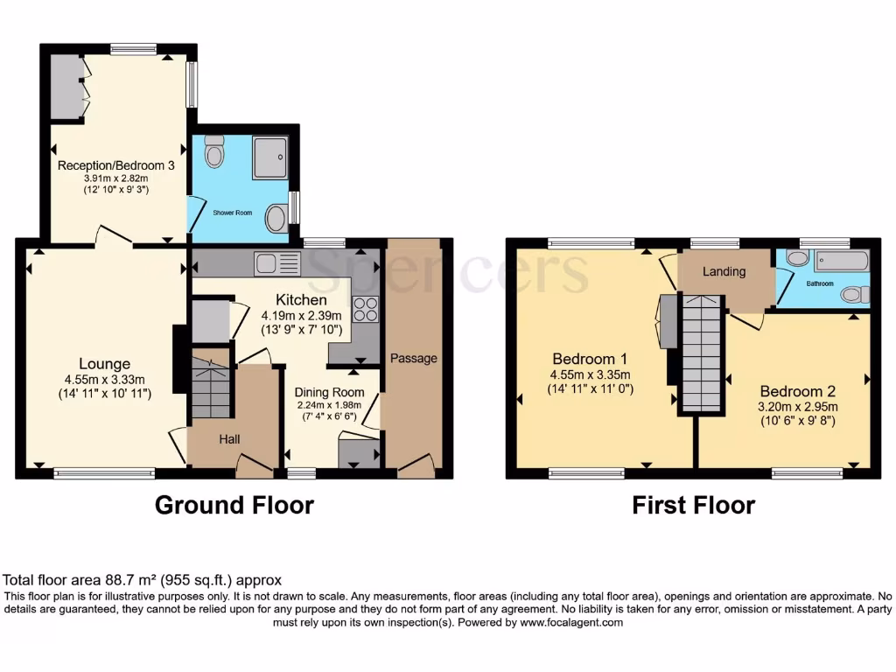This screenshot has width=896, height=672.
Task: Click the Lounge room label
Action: pyautogui.click(x=104, y=364)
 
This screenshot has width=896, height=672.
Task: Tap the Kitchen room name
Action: pyautogui.click(x=302, y=300)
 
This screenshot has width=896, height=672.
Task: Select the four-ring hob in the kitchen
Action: pyautogui.click(x=365, y=310)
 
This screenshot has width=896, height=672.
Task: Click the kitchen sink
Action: pyautogui.click(x=276, y=262)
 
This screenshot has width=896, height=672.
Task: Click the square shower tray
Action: pyautogui.click(x=269, y=157)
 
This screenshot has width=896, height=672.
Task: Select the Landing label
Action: pyautogui.click(x=724, y=271)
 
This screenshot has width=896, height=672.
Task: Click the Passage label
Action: pyautogui.click(x=413, y=358)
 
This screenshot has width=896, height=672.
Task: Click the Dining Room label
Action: pyautogui.click(x=329, y=392)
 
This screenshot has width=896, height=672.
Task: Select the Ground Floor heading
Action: pyautogui.click(x=234, y=505)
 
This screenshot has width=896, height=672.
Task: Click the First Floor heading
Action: pyautogui.click(x=693, y=505)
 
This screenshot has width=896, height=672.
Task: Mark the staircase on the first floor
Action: pyautogui.click(x=703, y=354)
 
